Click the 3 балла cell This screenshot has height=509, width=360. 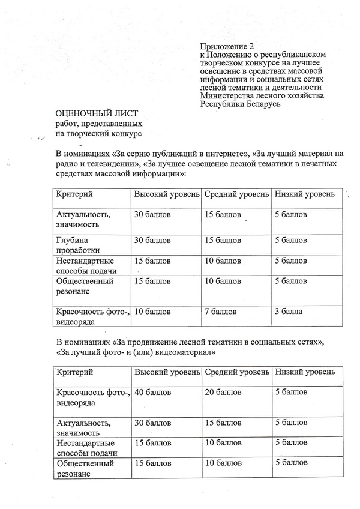click(x=289, y=312)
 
